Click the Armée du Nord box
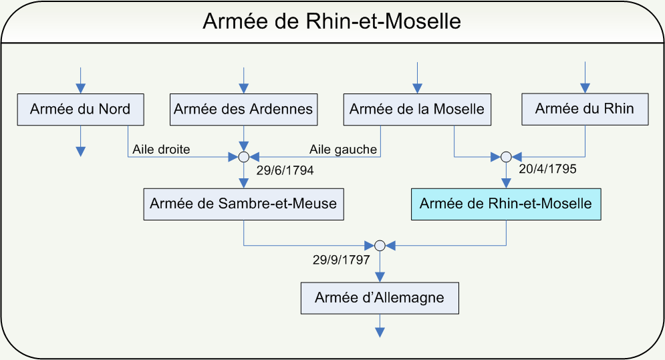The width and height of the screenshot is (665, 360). point(80,110)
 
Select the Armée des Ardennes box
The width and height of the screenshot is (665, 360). point(243,110)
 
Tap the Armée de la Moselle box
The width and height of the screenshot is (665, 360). point(417,110)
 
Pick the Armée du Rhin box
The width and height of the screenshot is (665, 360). point(585,109)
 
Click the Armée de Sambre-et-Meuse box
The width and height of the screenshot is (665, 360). point(243,204)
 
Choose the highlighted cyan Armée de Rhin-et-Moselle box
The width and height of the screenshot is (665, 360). point(506,204)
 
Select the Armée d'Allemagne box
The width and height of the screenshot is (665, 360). point(380,298)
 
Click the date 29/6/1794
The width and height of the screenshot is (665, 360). point(285,171)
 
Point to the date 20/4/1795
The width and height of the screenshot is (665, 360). point(547,170)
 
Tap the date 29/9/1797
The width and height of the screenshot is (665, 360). point(341,260)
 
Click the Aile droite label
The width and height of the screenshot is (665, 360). point(161,150)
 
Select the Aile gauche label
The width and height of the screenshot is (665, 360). point(344,150)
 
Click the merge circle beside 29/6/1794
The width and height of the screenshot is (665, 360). point(243,157)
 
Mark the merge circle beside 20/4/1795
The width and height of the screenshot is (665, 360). point(506,157)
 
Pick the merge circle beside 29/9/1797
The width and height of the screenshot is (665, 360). point(380,245)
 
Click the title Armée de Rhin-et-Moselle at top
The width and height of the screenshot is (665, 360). point(332,22)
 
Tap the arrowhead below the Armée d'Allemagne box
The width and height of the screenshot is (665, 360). point(380,331)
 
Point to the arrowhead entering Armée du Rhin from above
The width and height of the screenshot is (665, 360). point(585,88)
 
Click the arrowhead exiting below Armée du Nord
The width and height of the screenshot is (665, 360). point(80,151)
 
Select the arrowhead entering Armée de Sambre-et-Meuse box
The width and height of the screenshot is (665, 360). point(243,183)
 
